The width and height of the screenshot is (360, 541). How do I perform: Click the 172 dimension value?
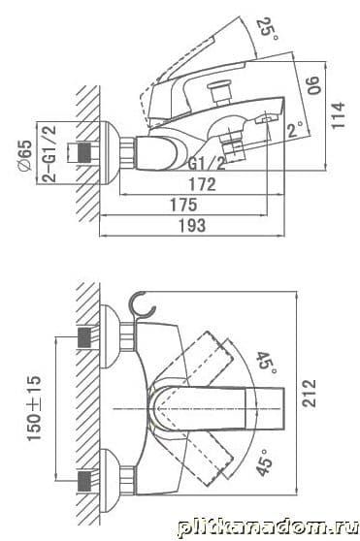coord(202,184)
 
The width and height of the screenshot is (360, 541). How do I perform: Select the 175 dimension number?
coord(184,205)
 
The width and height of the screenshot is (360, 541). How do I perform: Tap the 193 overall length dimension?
coord(192,225)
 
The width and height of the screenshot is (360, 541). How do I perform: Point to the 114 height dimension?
coord(339,115)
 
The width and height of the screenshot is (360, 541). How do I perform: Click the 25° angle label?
coord(268,29)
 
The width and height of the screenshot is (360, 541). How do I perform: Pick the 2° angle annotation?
coord(296,129)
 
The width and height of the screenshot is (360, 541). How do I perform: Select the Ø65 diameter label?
coord(26,155)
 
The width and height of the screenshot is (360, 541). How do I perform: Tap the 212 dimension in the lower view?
coord(309,393)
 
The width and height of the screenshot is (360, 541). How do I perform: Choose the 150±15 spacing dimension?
coord(34,408)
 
